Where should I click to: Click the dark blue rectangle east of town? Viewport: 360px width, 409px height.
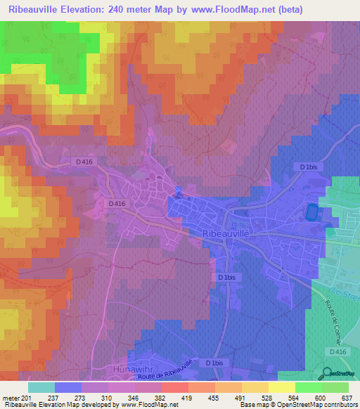click(311, 211)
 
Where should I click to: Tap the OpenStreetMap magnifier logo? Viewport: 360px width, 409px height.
click(325, 373)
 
